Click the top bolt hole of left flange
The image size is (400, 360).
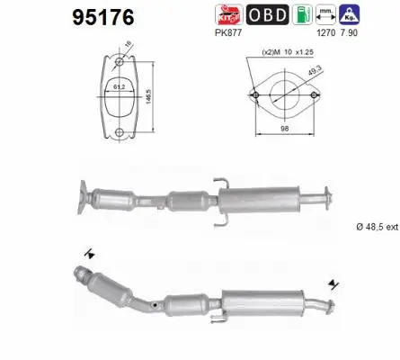[120, 62]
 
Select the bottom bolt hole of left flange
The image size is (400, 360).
[120, 133]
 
